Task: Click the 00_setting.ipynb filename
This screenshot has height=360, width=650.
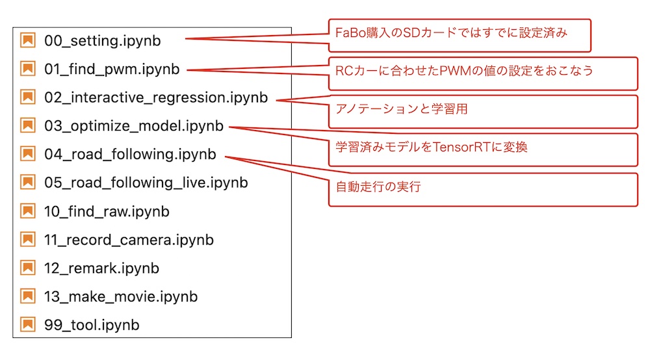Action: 103,40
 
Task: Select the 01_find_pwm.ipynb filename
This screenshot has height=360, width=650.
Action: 112,69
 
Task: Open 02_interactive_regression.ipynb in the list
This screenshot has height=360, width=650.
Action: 156,97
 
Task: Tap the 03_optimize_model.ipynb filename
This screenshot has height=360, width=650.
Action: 134,126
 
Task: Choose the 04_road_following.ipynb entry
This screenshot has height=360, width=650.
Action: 130,155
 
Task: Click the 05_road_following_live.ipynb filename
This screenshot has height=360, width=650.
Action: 146,183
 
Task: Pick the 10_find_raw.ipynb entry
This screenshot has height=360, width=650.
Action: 107,212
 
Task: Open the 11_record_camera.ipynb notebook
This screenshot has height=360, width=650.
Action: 129,240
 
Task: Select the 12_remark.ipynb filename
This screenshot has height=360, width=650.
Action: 101,268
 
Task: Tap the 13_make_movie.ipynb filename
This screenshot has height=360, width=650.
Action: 121,297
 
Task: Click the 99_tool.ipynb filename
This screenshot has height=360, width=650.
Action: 92,325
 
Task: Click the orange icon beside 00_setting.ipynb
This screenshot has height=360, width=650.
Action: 28,40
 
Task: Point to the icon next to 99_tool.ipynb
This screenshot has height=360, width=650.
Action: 28,324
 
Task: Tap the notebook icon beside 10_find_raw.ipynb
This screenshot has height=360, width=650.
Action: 28,211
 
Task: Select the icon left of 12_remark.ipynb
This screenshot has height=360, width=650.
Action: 28,268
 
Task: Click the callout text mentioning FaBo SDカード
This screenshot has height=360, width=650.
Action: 451,32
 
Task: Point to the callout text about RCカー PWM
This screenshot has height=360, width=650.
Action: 464,71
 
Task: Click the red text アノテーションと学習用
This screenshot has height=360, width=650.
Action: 402,109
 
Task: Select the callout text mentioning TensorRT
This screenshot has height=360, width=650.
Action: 432,147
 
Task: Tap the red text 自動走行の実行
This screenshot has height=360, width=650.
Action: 378,187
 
